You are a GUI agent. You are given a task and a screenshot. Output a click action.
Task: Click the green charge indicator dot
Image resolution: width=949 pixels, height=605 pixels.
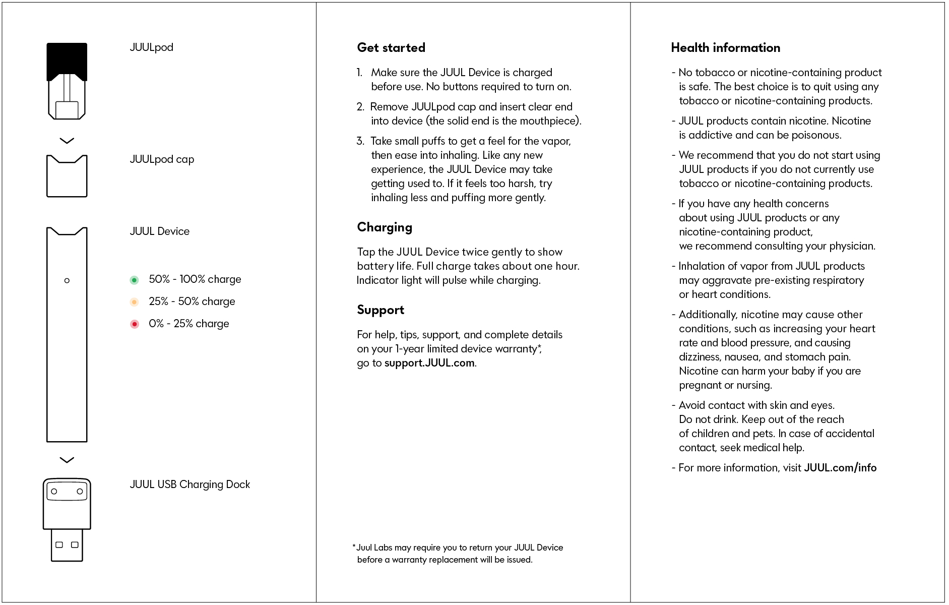coord(134,280)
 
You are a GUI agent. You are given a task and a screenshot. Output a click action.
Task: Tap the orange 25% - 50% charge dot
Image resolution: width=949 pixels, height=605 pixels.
coord(134,302)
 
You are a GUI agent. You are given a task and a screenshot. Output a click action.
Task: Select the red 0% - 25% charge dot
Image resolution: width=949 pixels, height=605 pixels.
coord(134,324)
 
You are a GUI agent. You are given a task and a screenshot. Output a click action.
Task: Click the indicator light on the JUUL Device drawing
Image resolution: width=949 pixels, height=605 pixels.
coord(67,281)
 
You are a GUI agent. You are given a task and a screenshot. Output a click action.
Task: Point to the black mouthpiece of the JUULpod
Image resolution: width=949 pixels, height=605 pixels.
coord(67,60)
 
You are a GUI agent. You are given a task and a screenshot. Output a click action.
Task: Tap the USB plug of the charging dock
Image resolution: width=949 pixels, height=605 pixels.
coord(67,545)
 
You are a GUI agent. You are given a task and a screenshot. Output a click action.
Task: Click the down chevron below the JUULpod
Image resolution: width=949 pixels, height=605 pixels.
coord(67,141)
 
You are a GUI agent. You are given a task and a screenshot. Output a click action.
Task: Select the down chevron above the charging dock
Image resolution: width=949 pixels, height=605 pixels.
coord(67,460)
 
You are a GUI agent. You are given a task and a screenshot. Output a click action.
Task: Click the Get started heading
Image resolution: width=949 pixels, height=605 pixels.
coord(391,48)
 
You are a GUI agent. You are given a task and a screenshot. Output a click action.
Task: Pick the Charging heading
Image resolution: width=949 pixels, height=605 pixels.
coord(385,227)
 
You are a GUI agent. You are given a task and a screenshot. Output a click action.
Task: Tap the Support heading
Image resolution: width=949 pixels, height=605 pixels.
coord(381,310)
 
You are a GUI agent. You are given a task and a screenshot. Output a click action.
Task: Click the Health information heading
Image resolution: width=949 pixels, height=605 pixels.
coord(725,48)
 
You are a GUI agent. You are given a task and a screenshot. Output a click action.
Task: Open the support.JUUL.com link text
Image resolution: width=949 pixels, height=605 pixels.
coord(429,363)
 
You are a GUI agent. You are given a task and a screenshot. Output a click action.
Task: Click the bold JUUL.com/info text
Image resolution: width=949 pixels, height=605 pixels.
coord(840,468)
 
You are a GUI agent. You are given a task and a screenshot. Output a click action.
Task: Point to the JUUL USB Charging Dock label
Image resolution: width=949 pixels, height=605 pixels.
coord(190,485)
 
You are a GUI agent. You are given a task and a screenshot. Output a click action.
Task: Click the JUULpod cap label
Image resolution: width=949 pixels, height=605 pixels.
coord(162,159)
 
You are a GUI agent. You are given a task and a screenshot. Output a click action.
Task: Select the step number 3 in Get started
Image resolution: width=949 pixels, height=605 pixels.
coord(360,141)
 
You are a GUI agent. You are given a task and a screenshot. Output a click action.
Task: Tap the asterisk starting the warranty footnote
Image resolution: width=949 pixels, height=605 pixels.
coord(354,547)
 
